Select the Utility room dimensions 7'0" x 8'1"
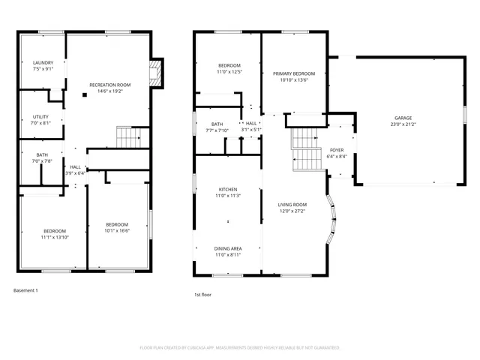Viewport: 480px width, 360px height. pyautogui.click(x=40, y=123)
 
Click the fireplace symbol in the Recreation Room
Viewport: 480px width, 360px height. pyautogui.click(x=155, y=73)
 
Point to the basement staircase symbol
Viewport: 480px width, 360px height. pyautogui.click(x=128, y=137)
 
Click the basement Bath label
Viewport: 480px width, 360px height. pyautogui.click(x=41, y=154)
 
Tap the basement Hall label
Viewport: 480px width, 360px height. pyautogui.click(x=75, y=167)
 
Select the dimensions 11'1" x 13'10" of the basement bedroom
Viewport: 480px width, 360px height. pyautogui.click(x=54, y=237)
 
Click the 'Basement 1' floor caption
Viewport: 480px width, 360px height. pyautogui.click(x=25, y=290)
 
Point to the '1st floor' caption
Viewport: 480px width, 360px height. pyautogui.click(x=202, y=295)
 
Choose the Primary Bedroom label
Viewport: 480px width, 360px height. pyautogui.click(x=294, y=73)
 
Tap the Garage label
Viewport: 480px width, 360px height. pyautogui.click(x=403, y=118)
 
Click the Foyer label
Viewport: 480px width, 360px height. pyautogui.click(x=337, y=150)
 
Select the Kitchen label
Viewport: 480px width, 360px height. pyautogui.click(x=228, y=189)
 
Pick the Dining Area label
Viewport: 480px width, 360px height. pyautogui.click(x=228, y=248)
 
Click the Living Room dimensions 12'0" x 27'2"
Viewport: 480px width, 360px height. pyautogui.click(x=292, y=211)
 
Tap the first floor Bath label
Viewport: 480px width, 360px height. pyautogui.click(x=217, y=124)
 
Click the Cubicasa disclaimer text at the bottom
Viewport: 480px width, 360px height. pyautogui.click(x=240, y=348)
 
